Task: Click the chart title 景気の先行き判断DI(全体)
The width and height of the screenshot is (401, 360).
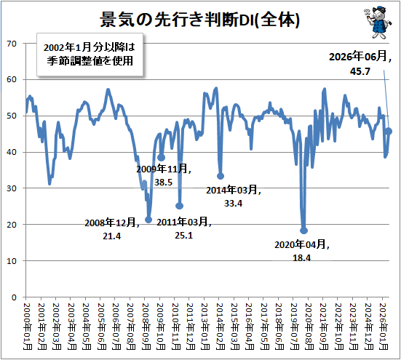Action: click(x=199, y=20)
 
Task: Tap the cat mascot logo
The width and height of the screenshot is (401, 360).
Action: click(x=378, y=23)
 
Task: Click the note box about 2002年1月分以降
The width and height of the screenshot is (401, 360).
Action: click(x=90, y=55)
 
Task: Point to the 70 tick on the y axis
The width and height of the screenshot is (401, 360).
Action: click(x=12, y=44)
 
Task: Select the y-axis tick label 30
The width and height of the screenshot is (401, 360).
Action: click(x=12, y=188)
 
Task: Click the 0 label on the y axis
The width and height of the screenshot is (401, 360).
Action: click(x=14, y=297)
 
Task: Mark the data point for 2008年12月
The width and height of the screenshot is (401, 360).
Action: click(x=148, y=220)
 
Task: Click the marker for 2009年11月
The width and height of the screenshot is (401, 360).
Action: click(x=161, y=158)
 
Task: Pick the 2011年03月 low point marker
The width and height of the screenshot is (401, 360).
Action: click(x=180, y=206)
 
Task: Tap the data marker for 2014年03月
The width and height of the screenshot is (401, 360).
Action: click(x=221, y=176)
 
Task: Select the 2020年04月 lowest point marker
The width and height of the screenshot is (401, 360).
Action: click(x=303, y=231)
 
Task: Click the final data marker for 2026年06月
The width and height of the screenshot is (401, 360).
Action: click(x=389, y=132)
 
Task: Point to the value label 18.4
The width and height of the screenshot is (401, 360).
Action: click(x=302, y=257)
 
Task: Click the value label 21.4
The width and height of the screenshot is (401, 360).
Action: click(x=112, y=236)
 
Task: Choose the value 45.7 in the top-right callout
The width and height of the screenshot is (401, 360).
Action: click(x=360, y=71)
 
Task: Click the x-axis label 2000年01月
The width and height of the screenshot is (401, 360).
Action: click(x=27, y=327)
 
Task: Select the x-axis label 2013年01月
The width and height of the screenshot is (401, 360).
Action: click(x=205, y=327)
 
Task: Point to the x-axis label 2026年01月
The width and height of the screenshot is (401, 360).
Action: click(x=384, y=327)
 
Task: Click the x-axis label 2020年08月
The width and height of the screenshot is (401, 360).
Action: click(x=309, y=327)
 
